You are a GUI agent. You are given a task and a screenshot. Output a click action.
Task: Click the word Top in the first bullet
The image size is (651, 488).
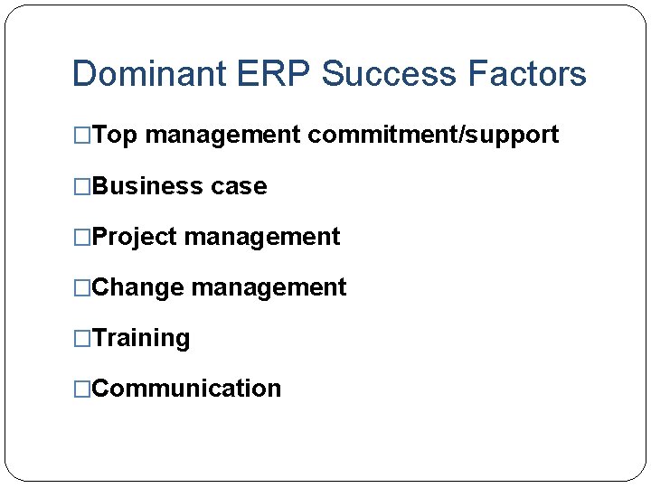click(115, 136)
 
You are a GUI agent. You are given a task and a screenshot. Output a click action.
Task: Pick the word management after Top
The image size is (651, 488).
click(222, 136)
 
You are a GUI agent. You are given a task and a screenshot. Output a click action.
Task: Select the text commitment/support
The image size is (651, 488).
click(433, 136)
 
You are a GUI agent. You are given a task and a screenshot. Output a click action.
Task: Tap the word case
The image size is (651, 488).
click(239, 186)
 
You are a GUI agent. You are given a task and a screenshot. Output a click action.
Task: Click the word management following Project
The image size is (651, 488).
click(262, 237)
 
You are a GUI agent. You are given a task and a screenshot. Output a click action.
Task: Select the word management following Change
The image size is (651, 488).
click(269, 287)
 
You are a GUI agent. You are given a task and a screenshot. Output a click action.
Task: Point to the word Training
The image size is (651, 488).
click(141, 338)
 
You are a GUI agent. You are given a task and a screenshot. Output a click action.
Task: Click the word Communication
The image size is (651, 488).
click(186, 389)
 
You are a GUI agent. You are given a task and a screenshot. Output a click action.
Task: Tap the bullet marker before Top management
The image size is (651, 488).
click(81, 136)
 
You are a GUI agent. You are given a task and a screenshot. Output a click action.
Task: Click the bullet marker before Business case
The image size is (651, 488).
click(81, 186)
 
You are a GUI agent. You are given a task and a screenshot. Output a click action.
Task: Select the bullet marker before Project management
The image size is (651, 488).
click(81, 237)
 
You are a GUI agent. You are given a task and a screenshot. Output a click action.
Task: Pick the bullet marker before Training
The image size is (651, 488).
click(81, 338)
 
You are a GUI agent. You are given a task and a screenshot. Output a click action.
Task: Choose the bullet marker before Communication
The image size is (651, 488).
click(81, 389)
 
